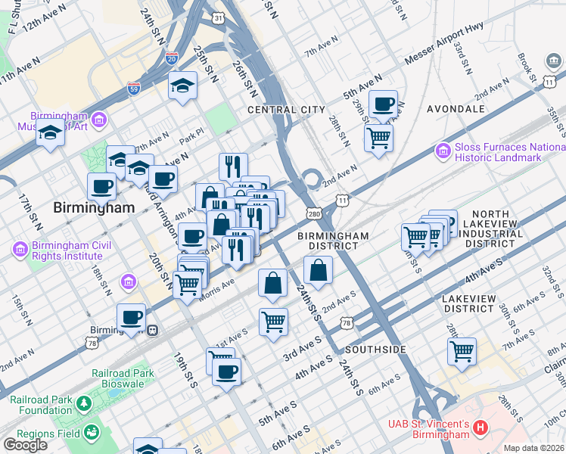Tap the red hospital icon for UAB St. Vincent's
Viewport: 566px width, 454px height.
[479, 429]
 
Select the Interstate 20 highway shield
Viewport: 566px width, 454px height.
[171, 58]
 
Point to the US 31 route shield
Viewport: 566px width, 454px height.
[219, 17]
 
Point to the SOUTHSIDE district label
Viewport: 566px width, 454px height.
[375, 350]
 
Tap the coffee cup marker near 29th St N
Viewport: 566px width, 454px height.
[383, 104]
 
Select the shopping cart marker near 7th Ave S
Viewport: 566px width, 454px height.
[462, 350]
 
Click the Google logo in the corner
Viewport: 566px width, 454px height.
[25, 444]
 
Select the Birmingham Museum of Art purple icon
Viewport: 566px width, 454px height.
[99, 119]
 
